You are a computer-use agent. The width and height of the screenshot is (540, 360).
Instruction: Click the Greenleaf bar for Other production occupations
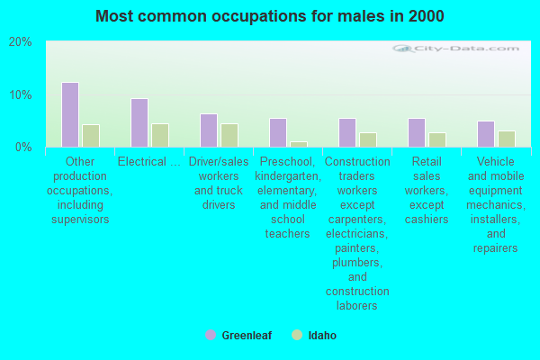coord(70,114)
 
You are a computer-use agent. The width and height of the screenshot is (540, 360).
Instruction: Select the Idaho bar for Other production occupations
coord(91,136)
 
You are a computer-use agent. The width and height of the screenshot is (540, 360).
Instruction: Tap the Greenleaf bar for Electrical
coord(139,123)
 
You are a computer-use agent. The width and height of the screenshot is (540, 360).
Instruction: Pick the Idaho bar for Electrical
coord(160,135)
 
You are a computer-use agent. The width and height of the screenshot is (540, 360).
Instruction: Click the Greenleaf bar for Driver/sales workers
coord(209,130)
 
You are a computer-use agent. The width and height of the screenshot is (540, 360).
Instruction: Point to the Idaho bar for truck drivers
coord(229,135)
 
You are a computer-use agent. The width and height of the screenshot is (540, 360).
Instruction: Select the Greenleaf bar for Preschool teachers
coord(278,133)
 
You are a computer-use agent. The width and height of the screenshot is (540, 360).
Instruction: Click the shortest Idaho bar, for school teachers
coord(299,145)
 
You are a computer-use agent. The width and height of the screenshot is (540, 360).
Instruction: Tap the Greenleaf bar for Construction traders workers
coord(347,133)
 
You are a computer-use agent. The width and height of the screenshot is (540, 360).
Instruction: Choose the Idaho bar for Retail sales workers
coord(437,139)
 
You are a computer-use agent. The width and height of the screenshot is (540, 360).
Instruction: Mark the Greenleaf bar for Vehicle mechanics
coord(486,134)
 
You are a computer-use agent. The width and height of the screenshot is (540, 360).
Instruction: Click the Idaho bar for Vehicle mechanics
coord(507,139)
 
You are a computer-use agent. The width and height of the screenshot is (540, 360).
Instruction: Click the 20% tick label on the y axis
coord(21,42)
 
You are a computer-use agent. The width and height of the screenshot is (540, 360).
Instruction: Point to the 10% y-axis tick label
coord(21,94)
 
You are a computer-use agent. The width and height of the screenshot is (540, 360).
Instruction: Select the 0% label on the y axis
coord(23,148)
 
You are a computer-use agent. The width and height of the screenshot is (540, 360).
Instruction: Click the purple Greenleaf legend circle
coord(211,335)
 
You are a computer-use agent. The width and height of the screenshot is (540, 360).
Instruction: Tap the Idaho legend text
coord(322,335)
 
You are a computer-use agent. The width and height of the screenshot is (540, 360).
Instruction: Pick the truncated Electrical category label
coord(149,162)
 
